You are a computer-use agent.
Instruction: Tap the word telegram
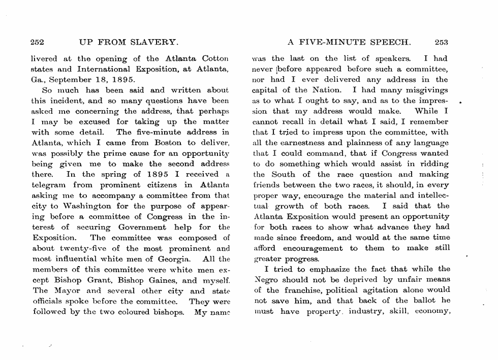(x=49, y=185)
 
